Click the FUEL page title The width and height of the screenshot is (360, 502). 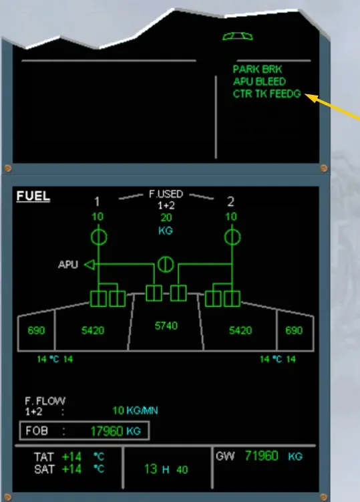33,196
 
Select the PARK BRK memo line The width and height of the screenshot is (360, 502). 257,69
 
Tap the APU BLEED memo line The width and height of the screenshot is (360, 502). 259,82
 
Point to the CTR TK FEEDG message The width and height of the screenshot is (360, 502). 267,94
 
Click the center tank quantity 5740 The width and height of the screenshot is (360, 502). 166,326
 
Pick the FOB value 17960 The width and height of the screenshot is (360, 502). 107,431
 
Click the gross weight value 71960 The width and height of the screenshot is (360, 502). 261,456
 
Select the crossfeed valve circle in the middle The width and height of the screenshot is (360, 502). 166,265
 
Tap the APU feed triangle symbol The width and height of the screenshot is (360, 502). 89,265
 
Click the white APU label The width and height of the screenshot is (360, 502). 68,265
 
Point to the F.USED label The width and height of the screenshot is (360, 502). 166,194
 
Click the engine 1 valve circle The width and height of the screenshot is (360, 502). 99,237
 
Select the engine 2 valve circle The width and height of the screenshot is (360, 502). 232,237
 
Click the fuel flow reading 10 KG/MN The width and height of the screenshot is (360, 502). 135,410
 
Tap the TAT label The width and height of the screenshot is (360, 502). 44,457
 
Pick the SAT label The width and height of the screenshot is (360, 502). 44,469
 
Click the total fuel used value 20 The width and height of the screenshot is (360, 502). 166,218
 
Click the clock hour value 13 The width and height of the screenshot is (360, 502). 151,469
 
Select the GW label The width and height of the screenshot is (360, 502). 225,456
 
